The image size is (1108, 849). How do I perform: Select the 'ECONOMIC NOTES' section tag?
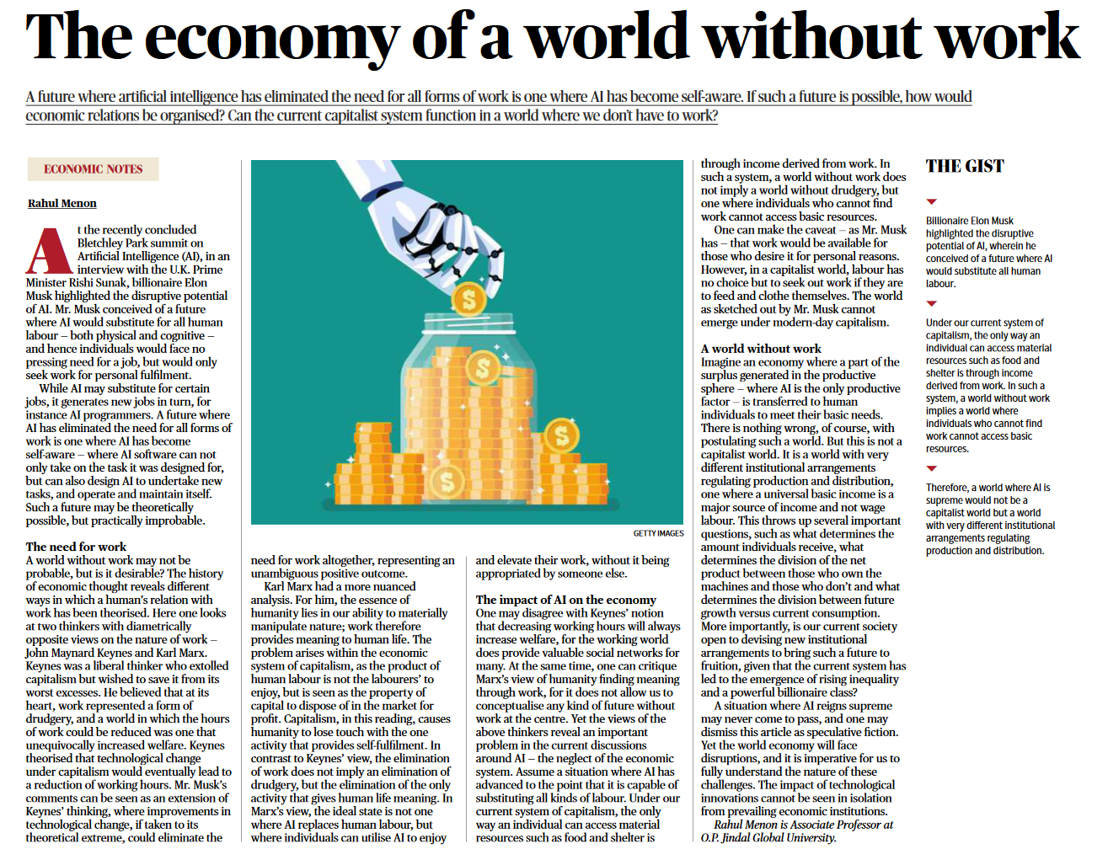[x=94, y=169]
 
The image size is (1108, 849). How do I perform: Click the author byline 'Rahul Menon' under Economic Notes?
[x=62, y=203]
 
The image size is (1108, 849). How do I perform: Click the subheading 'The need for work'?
[x=76, y=547]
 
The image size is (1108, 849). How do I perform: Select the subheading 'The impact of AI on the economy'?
[x=565, y=600]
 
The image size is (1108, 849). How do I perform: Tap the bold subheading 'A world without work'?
[x=760, y=348]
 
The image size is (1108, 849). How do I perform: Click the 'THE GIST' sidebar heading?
[x=965, y=166]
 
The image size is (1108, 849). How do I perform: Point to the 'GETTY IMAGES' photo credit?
[x=658, y=533]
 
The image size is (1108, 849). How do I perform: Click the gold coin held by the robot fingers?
[x=468, y=299]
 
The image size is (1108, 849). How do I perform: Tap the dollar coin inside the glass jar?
[x=483, y=368]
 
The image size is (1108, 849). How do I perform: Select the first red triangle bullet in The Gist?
[x=931, y=202]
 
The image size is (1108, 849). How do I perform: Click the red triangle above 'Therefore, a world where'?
[x=931, y=468]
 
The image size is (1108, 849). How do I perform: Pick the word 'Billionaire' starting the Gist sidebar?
[x=947, y=221]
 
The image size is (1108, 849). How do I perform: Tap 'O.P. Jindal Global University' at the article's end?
[x=768, y=837]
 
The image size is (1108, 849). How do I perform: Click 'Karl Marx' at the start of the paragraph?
[x=290, y=586]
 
